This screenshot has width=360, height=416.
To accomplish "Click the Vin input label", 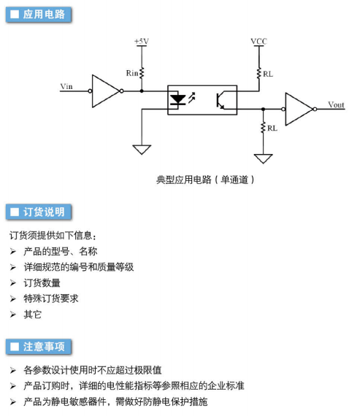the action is (66, 87).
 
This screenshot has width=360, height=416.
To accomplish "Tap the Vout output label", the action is (336, 105).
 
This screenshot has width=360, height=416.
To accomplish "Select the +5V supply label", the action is (142, 42).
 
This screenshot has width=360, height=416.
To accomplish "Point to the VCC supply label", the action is (258, 42).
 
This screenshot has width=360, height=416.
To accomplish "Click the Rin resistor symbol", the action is (142, 73).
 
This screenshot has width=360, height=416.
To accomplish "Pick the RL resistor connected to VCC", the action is (258, 74).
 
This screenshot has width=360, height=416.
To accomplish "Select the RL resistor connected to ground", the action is (263, 128).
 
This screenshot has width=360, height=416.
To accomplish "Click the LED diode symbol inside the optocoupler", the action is (177, 99).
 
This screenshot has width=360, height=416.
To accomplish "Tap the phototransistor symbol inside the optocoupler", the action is (221, 101).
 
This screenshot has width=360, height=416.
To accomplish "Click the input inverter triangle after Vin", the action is (105, 91).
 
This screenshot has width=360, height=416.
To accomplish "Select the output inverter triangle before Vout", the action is (299, 109).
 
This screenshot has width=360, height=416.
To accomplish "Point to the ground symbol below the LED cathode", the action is (142, 150).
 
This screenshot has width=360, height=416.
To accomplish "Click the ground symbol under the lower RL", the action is (263, 158).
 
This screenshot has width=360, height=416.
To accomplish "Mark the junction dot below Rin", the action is (142, 91).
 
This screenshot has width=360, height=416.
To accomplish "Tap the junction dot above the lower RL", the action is (263, 109).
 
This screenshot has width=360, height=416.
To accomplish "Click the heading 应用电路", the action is (44, 15).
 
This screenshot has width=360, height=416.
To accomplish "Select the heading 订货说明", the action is (44, 212).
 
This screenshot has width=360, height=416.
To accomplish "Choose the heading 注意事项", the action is (44, 347).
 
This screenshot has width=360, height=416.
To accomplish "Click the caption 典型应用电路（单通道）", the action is (205, 180).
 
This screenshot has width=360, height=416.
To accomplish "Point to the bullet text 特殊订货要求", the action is (51, 298).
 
